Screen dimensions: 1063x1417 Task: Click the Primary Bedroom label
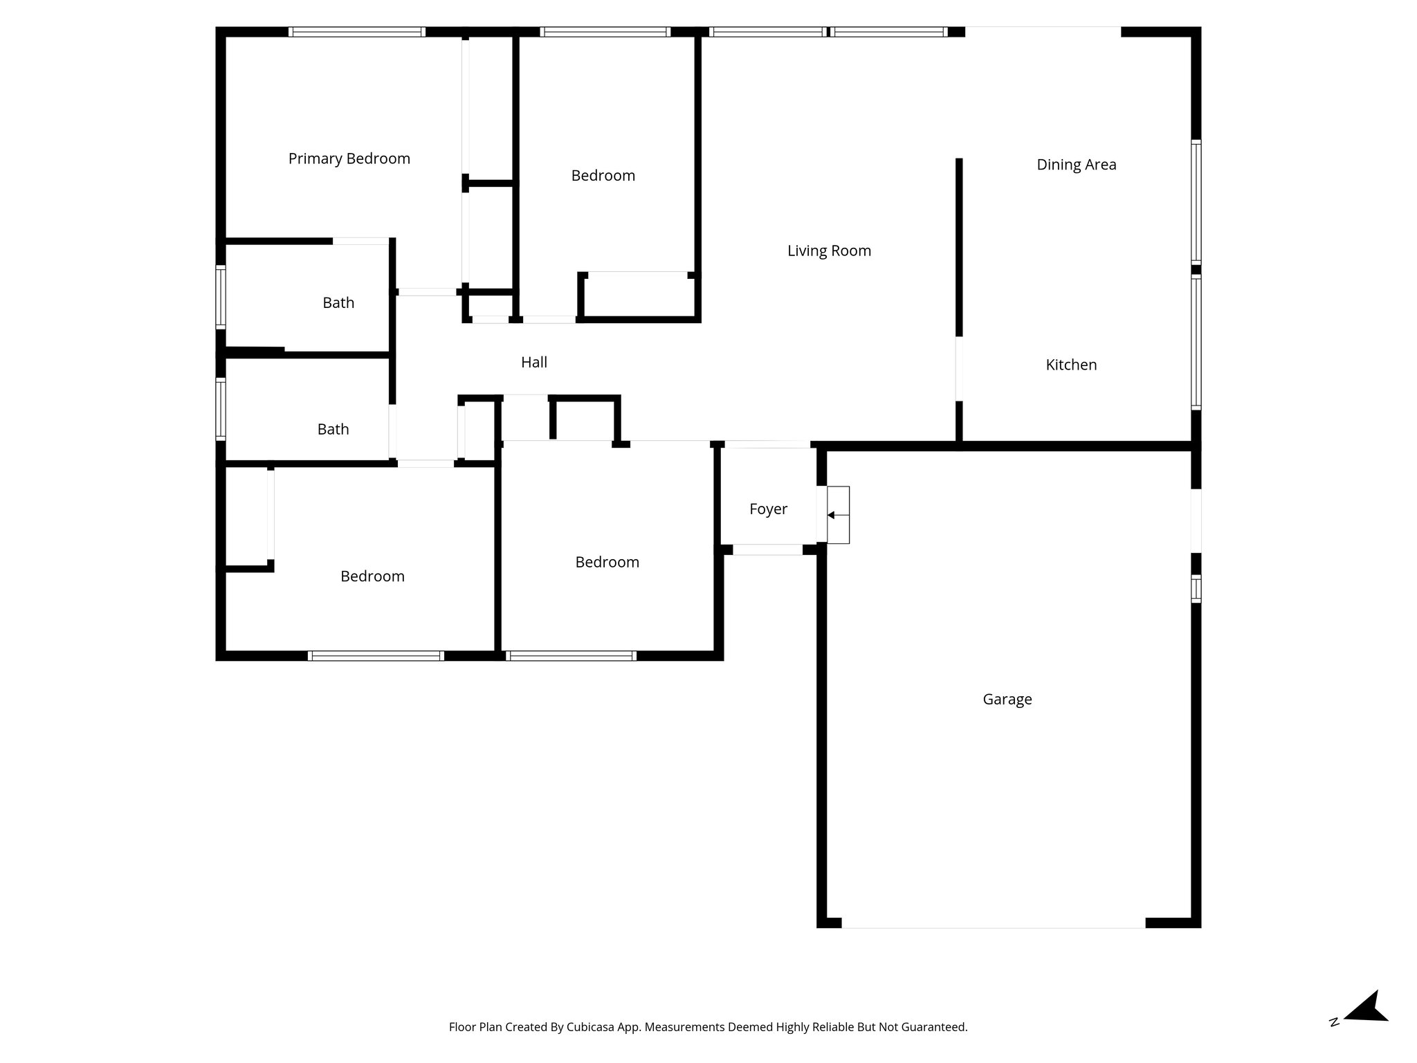(349, 158)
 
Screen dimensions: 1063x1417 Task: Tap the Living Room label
(829, 251)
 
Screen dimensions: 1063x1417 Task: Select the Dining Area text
(1076, 165)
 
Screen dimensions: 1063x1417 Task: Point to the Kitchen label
(1070, 365)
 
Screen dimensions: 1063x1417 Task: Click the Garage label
(1007, 699)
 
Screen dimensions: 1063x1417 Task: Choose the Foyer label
(768, 509)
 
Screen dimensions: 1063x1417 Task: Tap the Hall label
(533, 362)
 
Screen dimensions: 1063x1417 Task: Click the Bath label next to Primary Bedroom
(338, 302)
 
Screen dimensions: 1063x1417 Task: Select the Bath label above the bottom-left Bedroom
(333, 429)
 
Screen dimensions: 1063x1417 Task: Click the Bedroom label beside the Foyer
(607, 562)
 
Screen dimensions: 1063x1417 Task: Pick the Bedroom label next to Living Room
(603, 176)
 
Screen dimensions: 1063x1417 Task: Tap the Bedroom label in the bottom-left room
(372, 576)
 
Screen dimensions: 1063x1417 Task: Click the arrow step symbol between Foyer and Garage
(838, 515)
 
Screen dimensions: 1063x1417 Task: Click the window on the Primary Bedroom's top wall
(356, 32)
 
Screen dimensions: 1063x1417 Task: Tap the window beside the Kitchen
(1196, 340)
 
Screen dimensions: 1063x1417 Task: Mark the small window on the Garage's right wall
(1196, 588)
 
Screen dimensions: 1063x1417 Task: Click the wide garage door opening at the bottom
(993, 923)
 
